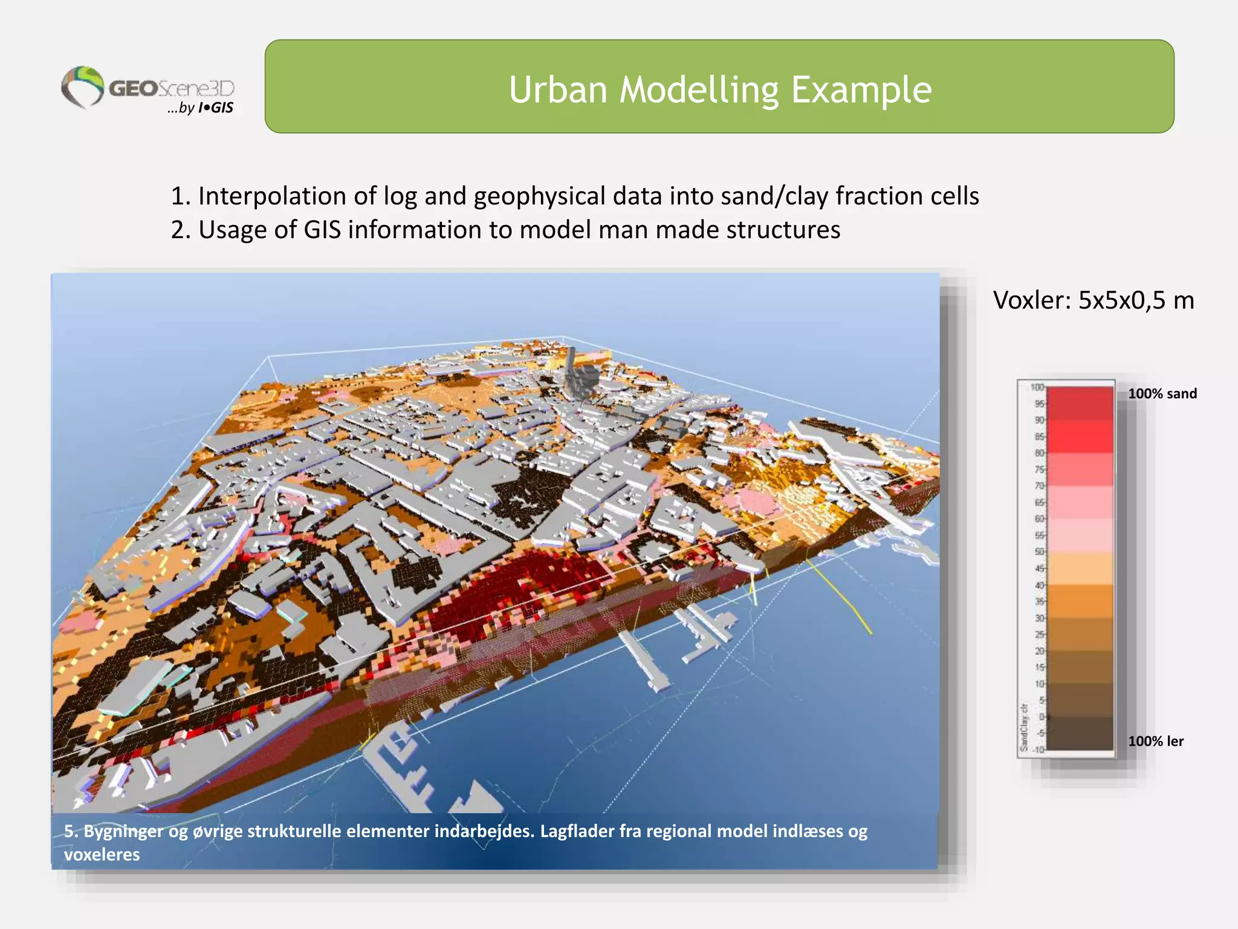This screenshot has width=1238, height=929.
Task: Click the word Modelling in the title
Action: pos(699,90)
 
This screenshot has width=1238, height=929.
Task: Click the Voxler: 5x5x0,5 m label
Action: pos(1093,300)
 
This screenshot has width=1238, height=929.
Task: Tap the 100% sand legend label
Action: pos(1162,394)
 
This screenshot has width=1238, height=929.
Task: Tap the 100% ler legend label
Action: pos(1155,741)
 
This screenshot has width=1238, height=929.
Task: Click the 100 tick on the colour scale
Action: pos(1037,387)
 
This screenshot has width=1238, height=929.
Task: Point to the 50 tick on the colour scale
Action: pos(1039,552)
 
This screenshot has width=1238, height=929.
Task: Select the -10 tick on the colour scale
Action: pos(1038,749)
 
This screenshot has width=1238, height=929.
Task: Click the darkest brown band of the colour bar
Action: pos(1080,733)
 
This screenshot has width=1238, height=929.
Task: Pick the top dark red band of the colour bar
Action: pos(1080,403)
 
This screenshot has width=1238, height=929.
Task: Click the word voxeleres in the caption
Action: pos(102,855)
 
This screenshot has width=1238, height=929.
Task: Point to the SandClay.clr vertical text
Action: pos(1024,727)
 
